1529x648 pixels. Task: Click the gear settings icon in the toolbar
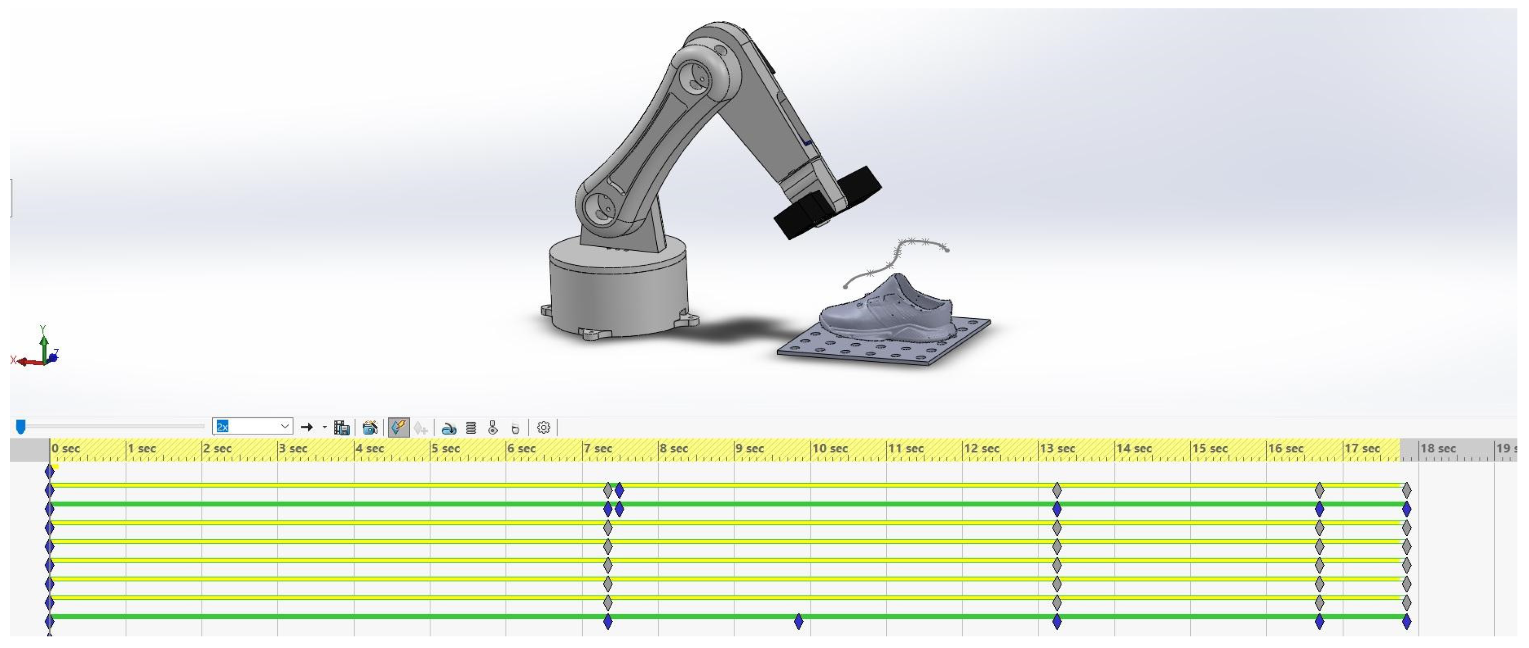pos(543,428)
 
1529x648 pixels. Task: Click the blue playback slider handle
pos(21,426)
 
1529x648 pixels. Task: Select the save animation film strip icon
pos(341,428)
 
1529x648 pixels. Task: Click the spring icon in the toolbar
pos(471,428)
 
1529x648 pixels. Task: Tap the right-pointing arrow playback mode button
pos(307,427)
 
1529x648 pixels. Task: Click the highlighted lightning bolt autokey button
pos(398,427)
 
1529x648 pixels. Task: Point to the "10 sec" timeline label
pos(830,449)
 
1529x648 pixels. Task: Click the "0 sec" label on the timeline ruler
pos(65,449)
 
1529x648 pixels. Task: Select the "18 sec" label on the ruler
pos(1438,449)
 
